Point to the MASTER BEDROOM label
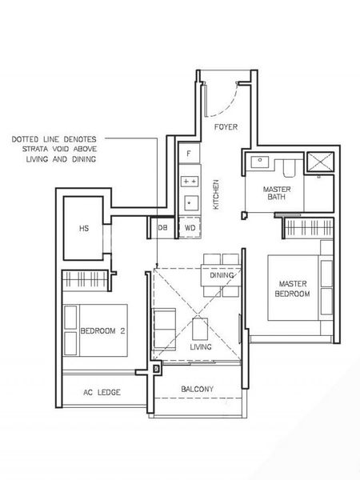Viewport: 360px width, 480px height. [x=294, y=289]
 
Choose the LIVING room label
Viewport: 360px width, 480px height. [x=201, y=349]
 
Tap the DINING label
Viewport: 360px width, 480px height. [x=222, y=275]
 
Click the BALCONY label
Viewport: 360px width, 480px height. [x=197, y=389]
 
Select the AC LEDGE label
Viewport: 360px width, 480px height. [x=102, y=393]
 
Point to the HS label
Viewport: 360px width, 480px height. [x=83, y=228]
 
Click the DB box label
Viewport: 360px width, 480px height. [x=162, y=228]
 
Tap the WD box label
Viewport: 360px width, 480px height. [x=190, y=228]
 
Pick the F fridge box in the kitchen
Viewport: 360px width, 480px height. [x=189, y=152]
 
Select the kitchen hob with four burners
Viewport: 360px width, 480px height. [x=190, y=181]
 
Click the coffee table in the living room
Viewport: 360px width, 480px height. [x=199, y=328]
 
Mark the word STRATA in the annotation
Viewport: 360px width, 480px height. [x=35, y=149]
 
